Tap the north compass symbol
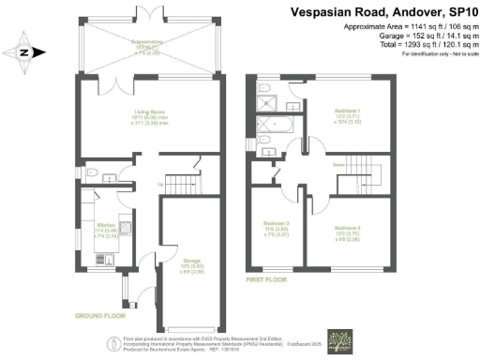[23, 53]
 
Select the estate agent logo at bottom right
[339, 338]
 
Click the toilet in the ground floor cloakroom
[90, 172]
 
